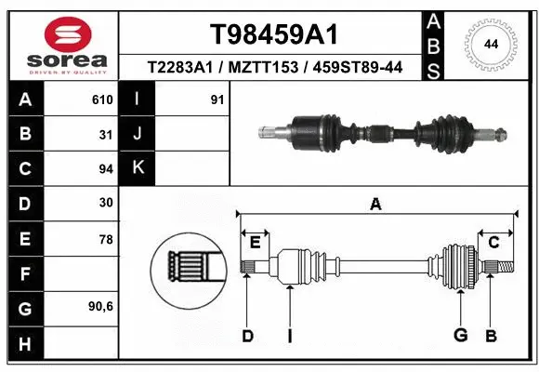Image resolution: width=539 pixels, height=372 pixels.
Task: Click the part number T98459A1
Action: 272,34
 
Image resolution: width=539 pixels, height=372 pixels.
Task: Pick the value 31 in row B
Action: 105,134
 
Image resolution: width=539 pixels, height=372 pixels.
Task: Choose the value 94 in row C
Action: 105,169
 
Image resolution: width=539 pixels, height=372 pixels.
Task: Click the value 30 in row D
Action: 105,204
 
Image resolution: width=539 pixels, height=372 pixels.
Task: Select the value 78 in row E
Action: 105,239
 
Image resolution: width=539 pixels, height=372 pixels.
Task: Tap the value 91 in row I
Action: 217,100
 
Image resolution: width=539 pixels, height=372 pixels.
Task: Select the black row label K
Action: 138,168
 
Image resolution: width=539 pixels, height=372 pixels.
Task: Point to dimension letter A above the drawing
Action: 376,205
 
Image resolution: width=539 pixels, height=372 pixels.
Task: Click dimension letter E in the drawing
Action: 255,243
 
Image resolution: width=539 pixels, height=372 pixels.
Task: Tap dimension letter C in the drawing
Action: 494,243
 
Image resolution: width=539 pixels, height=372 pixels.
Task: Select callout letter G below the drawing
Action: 459,336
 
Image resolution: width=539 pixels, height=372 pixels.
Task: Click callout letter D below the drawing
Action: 247,336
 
